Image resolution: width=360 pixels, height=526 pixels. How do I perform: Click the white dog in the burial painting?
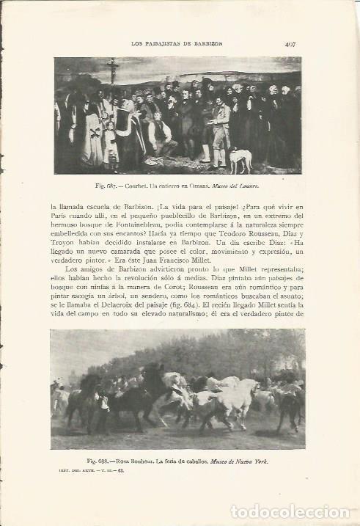point(240,157)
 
